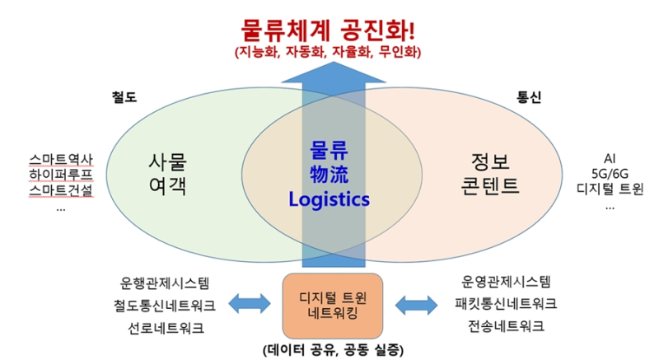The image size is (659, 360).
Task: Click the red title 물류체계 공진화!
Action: [328, 30]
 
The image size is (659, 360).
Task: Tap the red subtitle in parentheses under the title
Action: [328, 52]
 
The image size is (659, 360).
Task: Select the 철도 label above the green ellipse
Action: [124, 97]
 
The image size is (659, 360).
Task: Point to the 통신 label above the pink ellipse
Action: [529, 97]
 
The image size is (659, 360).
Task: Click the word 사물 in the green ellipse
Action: [168, 161]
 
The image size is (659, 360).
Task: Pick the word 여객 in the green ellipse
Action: [168, 185]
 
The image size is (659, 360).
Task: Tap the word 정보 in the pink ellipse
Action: [490, 161]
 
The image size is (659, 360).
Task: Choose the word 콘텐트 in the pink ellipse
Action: [490, 185]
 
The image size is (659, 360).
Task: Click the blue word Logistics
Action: [329, 199]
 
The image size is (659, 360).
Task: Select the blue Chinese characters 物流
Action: [329, 175]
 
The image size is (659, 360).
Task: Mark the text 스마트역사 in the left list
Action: [61, 160]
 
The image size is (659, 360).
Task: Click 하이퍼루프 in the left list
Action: [61, 175]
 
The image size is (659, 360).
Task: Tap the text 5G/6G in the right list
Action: [610, 174]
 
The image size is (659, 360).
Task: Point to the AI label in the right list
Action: [610, 158]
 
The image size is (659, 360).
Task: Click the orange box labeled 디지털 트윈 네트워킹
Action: [333, 306]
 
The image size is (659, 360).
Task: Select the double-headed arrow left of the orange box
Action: [250, 304]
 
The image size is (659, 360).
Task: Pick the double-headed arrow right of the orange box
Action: [417, 305]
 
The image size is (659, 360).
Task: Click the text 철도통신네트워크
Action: [165, 306]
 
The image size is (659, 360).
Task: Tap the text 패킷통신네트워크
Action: [506, 303]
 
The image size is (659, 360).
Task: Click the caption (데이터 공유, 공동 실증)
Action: [333, 349]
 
